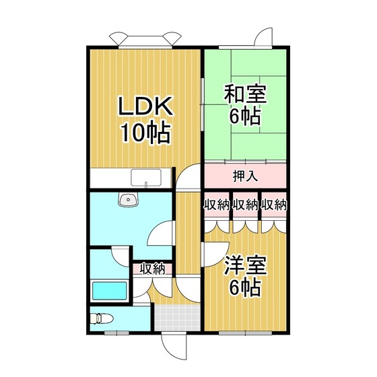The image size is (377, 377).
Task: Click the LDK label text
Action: click(145, 106)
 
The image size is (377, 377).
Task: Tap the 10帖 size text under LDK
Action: click(145, 133)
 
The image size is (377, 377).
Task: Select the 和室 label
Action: click(245, 94)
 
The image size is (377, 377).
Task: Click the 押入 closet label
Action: click(245, 176)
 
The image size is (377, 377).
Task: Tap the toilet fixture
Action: click(101, 318)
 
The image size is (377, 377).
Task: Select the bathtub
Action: click(110, 291)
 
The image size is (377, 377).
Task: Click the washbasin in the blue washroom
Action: click(128, 199)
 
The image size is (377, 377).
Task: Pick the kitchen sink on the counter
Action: click(146, 178)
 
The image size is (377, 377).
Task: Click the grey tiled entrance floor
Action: click(178, 318)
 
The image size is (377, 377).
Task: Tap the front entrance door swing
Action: click(174, 347)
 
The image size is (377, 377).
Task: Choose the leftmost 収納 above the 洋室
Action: click(216, 205)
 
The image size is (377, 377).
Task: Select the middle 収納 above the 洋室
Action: click(245, 205)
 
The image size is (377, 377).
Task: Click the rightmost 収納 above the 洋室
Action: click(274, 205)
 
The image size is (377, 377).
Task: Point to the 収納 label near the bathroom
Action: click(152, 269)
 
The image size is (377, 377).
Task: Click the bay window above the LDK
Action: click(145, 40)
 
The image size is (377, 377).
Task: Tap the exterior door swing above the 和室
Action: click(264, 37)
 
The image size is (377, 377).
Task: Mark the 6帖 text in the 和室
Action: click(245, 117)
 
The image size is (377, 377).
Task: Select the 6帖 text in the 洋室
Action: click(245, 287)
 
